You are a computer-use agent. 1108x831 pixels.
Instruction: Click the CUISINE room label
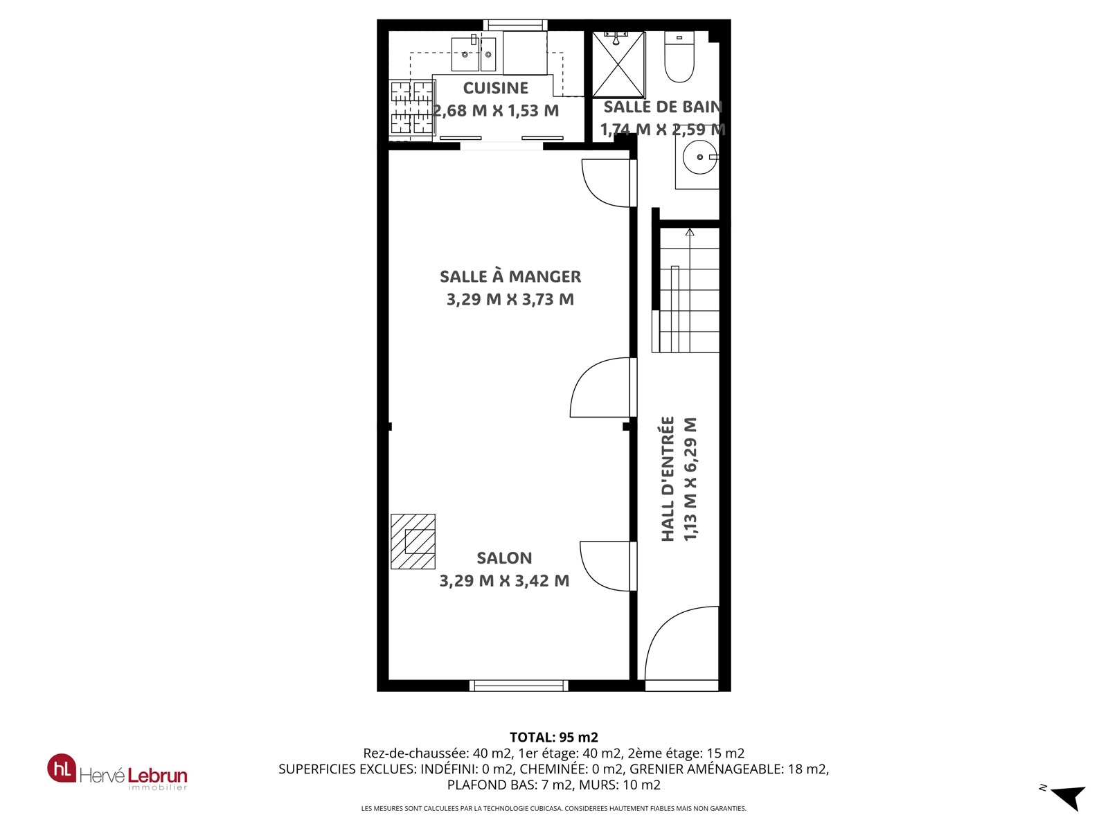coord(495,88)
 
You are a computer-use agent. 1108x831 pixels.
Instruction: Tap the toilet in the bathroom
coord(679,57)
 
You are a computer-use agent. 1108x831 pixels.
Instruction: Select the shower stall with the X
coord(618,64)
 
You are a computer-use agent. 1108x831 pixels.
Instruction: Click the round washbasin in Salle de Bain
coord(699,157)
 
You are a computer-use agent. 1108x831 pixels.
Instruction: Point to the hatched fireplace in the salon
coord(413,542)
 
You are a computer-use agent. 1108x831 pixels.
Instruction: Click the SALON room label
coord(504,558)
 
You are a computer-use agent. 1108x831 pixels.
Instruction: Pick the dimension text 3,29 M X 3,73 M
coord(510,299)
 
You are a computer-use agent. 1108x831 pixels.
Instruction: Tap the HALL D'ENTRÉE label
coord(668,479)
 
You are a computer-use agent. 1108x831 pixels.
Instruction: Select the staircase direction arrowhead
coord(690,232)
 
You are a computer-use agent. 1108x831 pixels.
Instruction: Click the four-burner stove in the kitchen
coord(412,107)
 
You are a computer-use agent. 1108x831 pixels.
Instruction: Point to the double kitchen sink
coord(474,54)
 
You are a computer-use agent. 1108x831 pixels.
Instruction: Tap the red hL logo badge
coord(62,768)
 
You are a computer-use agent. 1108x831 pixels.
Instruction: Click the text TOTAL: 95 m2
coord(554,737)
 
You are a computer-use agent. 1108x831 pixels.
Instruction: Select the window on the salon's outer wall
coord(519,685)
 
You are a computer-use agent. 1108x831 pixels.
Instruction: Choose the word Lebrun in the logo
coord(157,775)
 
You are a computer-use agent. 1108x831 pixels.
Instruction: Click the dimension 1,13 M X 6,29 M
coord(690,479)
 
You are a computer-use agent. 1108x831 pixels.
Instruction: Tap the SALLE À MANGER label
coord(510,276)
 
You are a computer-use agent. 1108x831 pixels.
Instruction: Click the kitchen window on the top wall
coord(515,25)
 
